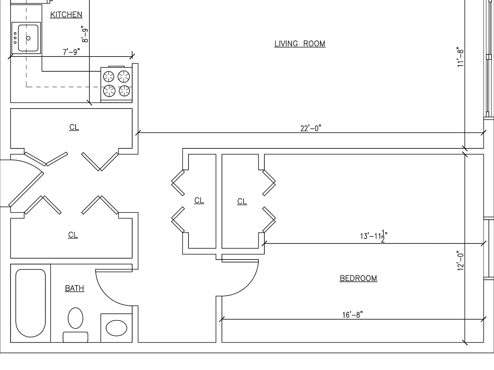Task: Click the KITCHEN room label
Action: tap(66, 14)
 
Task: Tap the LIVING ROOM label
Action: tap(300, 44)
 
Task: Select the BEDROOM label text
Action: tap(358, 278)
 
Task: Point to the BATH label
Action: tap(75, 288)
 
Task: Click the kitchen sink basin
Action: tap(28, 38)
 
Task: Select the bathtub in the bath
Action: tap(31, 303)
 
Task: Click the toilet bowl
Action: tap(75, 318)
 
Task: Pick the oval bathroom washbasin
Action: tap(116, 328)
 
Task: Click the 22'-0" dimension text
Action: tap(311, 128)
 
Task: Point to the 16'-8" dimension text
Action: tap(352, 315)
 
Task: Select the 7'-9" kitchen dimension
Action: tap(71, 52)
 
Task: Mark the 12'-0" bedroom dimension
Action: tap(461, 260)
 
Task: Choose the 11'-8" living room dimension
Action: tap(461, 57)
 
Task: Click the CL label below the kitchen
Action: tap(74, 128)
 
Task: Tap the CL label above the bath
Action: tap(73, 235)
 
